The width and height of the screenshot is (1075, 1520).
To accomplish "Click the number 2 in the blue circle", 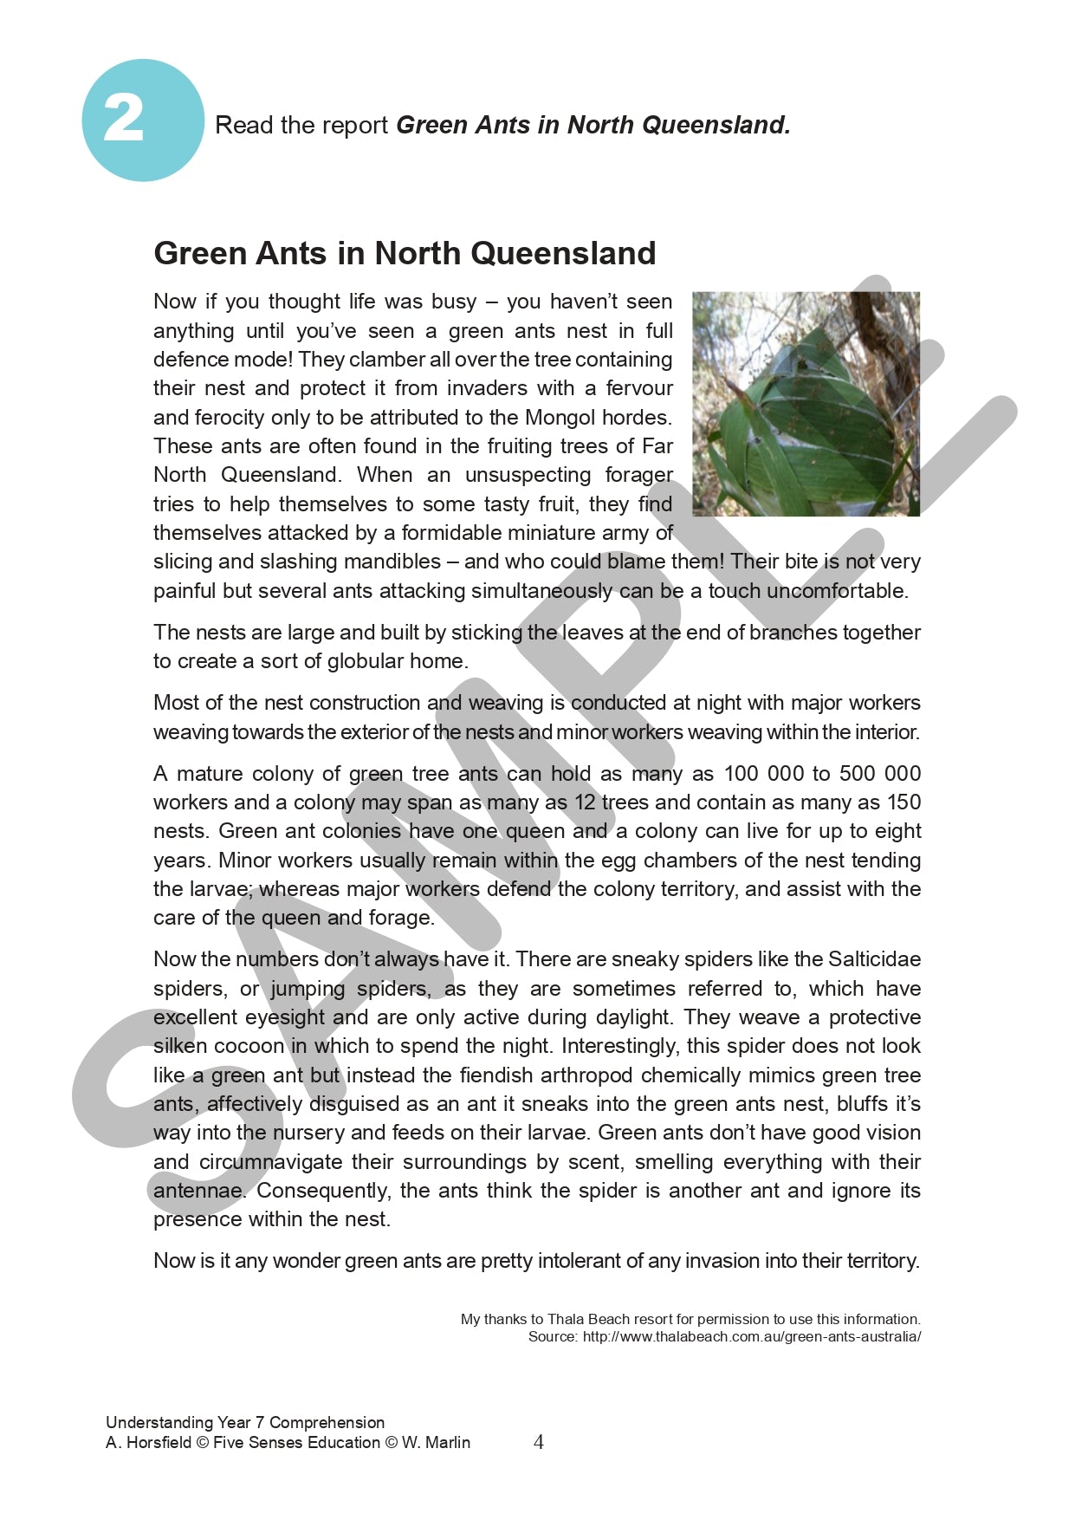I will point(124,119).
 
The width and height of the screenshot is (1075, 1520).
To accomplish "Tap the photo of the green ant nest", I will point(806,404).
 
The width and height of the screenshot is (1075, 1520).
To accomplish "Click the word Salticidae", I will point(874,959).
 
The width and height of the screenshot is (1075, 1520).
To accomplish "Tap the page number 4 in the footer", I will point(538,1442).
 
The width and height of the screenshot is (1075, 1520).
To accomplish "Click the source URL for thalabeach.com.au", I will point(751,1336).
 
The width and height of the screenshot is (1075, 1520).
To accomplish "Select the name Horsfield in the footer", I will point(158,1442).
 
